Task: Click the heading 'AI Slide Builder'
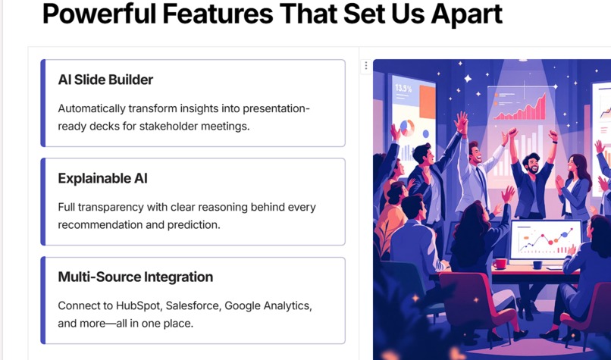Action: tap(105, 80)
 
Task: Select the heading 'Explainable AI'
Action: tap(102, 178)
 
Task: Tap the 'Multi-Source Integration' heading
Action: tap(135, 277)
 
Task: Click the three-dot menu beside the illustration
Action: tap(366, 66)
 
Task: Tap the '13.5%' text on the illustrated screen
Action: tap(403, 89)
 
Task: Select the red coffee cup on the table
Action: tap(500, 264)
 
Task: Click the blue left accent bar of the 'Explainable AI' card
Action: tap(43, 202)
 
